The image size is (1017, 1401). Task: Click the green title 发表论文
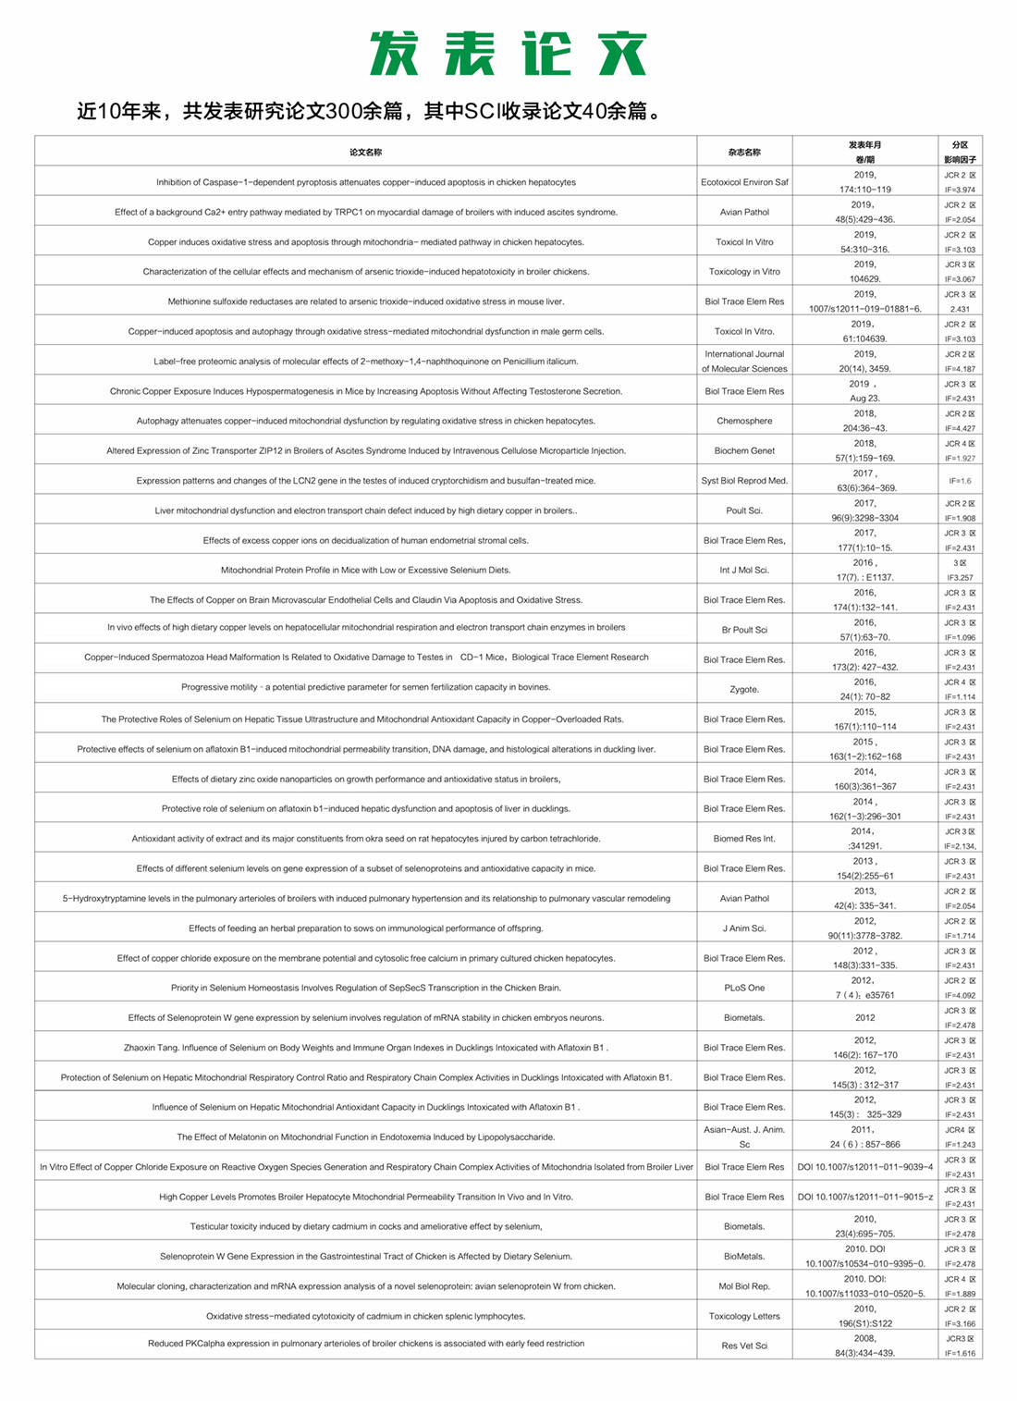508,54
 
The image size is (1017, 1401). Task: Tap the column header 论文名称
365,152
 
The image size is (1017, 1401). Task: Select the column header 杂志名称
744,152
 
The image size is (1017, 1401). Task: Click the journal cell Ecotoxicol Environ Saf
744,182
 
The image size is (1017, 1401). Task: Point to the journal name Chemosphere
744,421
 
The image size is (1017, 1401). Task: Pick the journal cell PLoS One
744,988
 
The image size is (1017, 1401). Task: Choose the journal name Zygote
744,689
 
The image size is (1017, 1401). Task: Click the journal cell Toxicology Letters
744,1316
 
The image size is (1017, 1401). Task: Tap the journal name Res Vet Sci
744,1346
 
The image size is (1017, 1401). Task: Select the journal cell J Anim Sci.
744,928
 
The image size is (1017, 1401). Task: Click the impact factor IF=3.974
960,190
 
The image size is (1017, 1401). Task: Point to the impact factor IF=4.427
960,428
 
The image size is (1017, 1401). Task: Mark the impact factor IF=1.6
960,481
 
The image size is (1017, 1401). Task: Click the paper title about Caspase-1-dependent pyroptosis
365,182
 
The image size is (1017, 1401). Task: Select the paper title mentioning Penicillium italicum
365,362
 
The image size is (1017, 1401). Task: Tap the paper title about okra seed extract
365,839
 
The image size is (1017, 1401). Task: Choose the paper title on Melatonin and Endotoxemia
365,1137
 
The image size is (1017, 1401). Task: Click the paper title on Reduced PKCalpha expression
365,1344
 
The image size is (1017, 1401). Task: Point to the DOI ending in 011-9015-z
864,1197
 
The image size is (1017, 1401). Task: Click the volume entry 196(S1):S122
864,1323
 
